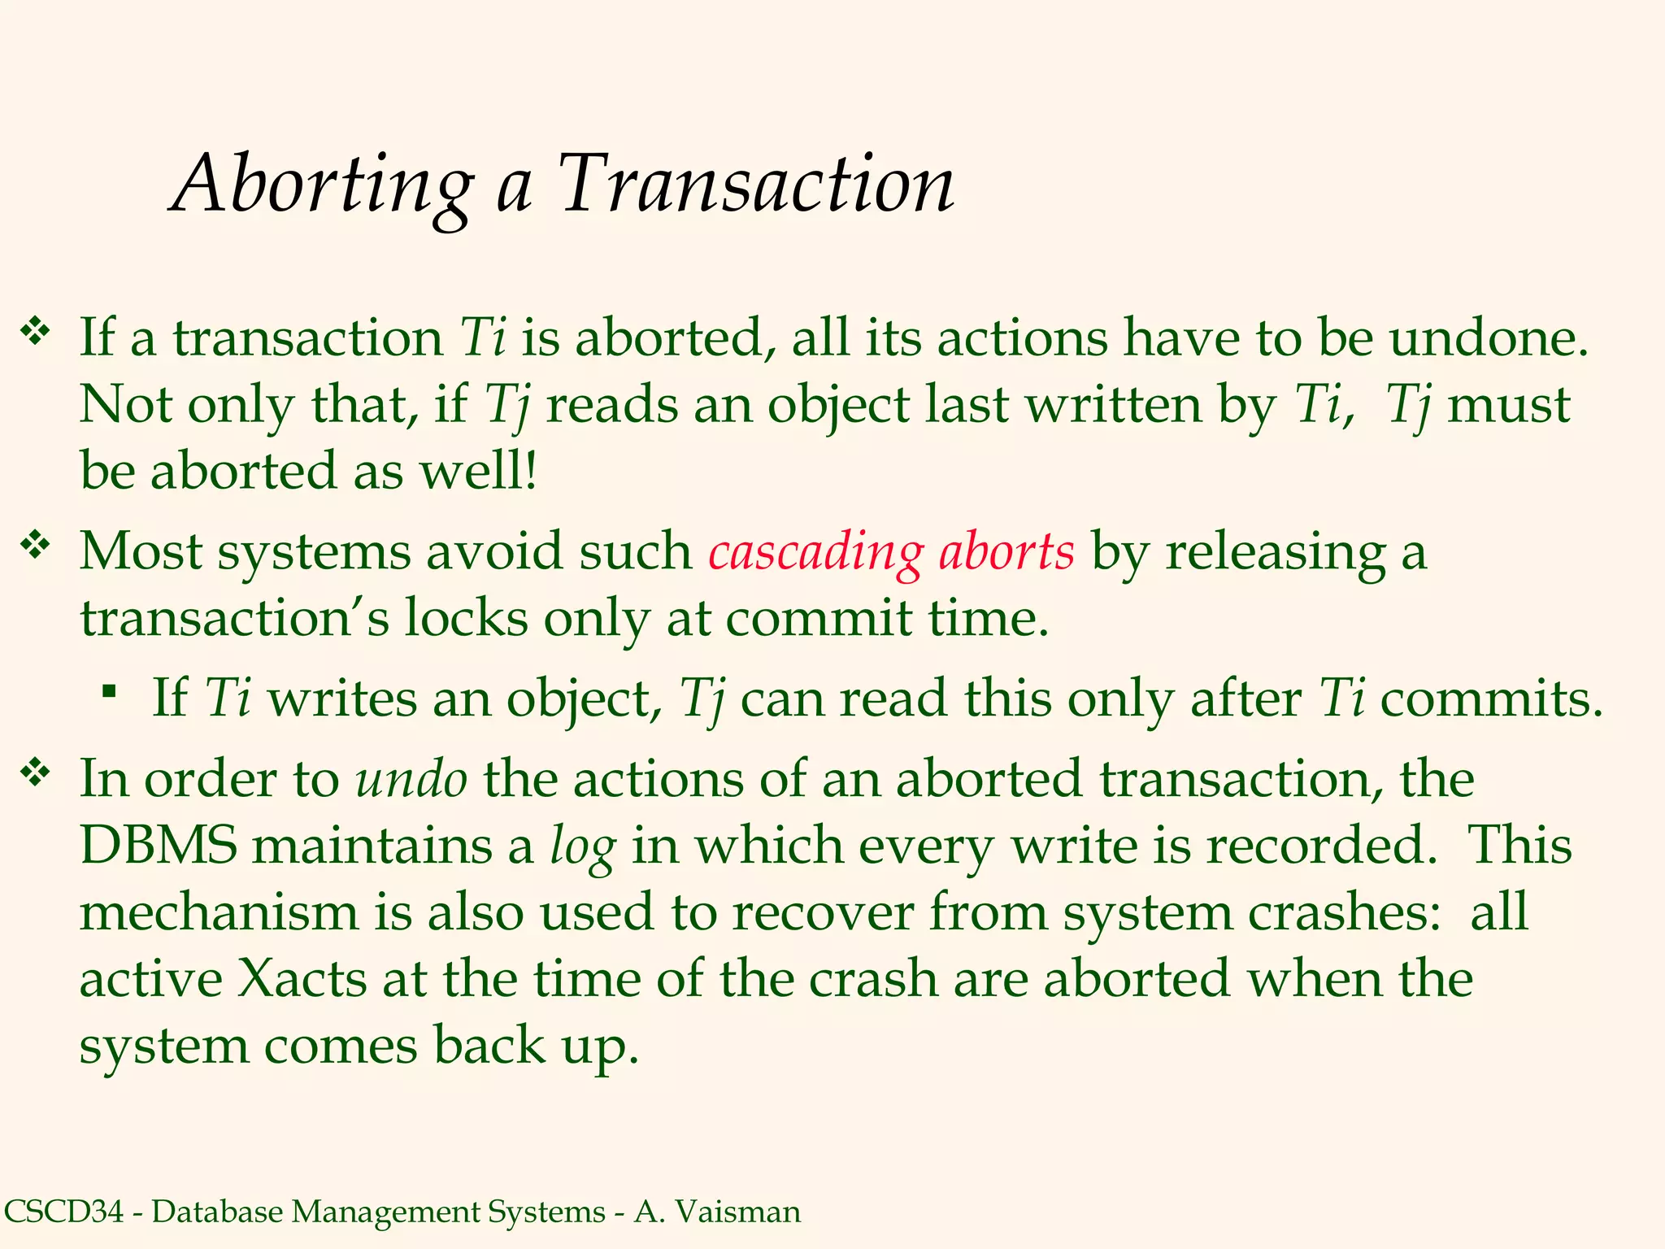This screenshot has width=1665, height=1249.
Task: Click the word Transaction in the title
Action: tap(756, 185)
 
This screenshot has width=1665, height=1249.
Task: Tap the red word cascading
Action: tap(815, 553)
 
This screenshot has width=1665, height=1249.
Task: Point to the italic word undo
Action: tap(411, 779)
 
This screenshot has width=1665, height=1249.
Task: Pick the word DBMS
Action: tap(159, 846)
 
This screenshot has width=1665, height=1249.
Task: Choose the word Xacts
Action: tap(302, 978)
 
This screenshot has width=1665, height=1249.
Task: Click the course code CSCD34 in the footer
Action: tap(63, 1212)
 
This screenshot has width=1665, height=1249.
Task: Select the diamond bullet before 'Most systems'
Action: tap(35, 545)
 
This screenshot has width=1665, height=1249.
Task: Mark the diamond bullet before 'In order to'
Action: tap(35, 772)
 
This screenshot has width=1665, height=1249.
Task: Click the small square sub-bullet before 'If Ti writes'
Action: tap(109, 692)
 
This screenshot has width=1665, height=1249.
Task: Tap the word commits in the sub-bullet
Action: tap(1491, 699)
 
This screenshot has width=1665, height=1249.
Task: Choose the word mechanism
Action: tap(219, 912)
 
